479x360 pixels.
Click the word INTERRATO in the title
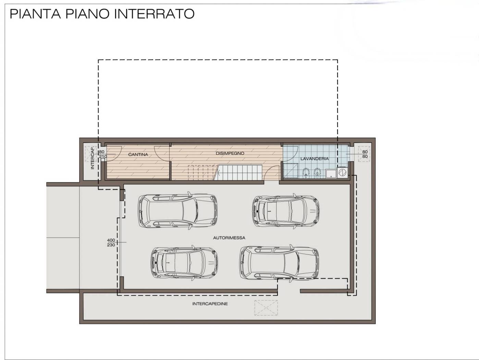click(x=154, y=14)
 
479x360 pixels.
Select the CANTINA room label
click(x=138, y=155)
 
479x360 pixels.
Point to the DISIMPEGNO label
click(x=230, y=153)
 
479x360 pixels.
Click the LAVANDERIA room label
click(x=314, y=159)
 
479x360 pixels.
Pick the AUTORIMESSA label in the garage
click(x=229, y=238)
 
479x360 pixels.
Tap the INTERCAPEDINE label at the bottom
click(x=210, y=304)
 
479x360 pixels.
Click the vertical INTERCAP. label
click(x=92, y=158)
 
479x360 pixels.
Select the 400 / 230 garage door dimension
click(x=111, y=243)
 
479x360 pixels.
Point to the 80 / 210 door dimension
click(x=102, y=154)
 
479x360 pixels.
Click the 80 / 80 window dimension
click(x=365, y=154)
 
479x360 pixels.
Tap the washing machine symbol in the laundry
click(x=342, y=172)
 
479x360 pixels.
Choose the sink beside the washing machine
click(x=331, y=174)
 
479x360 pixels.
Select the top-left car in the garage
click(x=177, y=211)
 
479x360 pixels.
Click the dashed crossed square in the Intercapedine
click(x=266, y=308)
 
